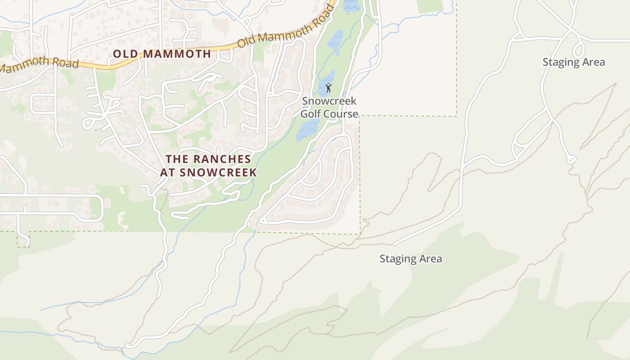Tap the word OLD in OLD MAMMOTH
point(125,54)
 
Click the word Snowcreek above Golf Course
point(329,101)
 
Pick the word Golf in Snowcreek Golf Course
point(310,114)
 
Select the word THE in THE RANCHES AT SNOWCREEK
point(177,159)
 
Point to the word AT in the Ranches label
point(167,172)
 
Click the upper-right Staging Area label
point(573,62)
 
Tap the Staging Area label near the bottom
point(410,259)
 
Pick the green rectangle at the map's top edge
point(430,6)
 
